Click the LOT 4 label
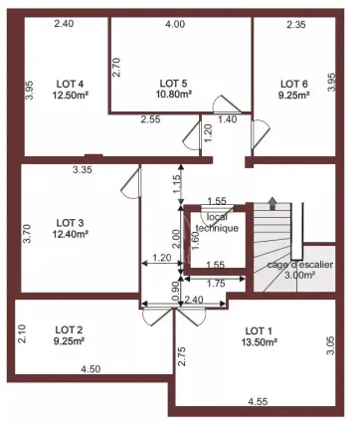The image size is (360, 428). (x=70, y=84)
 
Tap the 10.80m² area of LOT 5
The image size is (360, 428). (x=174, y=95)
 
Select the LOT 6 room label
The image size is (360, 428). (x=294, y=84)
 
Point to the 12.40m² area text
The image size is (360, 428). (x=71, y=234)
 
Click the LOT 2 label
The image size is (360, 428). (x=69, y=329)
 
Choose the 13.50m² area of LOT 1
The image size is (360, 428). (x=260, y=342)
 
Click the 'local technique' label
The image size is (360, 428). (x=218, y=223)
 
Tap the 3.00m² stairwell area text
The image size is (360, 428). (x=299, y=275)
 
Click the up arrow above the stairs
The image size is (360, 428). (x=272, y=203)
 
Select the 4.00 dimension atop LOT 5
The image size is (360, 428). (x=175, y=24)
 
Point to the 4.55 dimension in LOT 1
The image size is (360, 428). (x=258, y=402)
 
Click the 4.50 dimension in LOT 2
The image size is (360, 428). (x=90, y=369)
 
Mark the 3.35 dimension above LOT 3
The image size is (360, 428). (x=83, y=170)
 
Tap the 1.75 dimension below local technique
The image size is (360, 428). (x=216, y=284)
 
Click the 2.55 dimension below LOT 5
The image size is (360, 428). (x=150, y=119)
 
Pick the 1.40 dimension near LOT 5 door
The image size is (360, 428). (x=228, y=119)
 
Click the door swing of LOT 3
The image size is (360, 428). (x=131, y=183)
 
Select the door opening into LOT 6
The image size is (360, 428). (x=261, y=134)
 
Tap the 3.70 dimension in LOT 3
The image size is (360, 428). (x=27, y=234)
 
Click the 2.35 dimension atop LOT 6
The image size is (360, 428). (x=296, y=24)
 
